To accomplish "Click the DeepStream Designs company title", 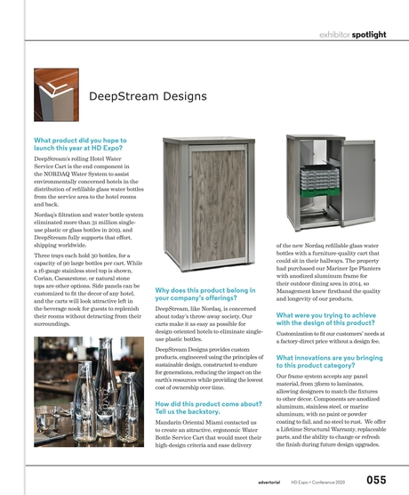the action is tap(148, 96).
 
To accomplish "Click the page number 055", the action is tap(376, 480).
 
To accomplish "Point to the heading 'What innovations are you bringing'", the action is tap(330, 361).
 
